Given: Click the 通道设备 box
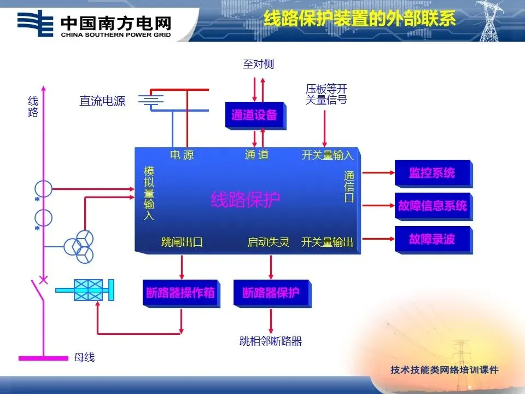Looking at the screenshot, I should (254, 115).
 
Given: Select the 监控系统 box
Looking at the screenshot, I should (432, 173).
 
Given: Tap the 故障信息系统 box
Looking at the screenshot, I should (432, 206).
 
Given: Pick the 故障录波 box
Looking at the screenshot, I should (432, 239).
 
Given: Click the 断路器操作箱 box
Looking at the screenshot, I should (180, 293).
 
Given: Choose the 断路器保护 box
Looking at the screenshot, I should (271, 293).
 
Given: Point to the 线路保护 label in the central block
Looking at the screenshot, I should (246, 200).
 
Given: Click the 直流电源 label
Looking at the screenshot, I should (102, 101).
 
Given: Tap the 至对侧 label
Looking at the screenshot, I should (258, 65).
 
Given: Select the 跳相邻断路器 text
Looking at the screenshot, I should (271, 341).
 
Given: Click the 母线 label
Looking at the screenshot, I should (84, 358).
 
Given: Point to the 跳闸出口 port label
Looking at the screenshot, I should (182, 242).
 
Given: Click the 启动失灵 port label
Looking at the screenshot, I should (268, 242).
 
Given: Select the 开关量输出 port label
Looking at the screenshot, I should (327, 242).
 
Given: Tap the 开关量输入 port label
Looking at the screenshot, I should (327, 155).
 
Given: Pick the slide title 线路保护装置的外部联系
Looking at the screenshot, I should (359, 20).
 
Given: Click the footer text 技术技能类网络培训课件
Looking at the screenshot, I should (445, 370).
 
